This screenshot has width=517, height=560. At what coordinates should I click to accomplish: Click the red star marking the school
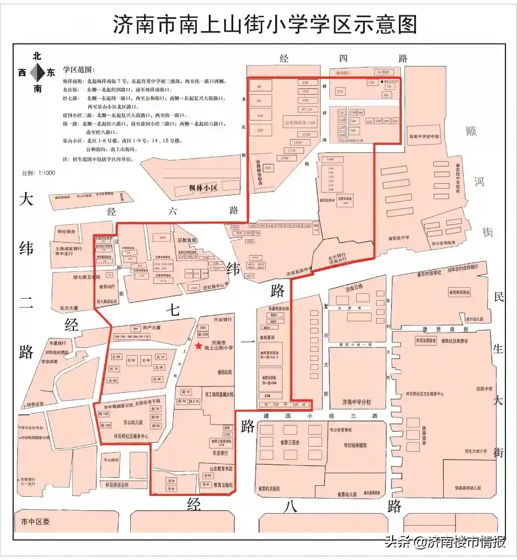199,346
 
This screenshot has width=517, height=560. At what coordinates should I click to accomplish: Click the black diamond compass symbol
37,73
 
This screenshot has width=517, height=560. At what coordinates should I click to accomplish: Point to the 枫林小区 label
203,188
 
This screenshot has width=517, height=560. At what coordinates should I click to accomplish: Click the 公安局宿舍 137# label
300,123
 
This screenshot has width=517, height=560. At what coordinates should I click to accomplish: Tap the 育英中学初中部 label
424,136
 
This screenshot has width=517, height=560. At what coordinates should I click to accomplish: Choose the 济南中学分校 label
357,402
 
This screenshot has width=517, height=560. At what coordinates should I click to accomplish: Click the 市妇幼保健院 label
355,445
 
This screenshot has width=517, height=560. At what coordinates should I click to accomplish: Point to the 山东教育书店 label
221,469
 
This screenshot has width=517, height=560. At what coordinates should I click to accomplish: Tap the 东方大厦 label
69,308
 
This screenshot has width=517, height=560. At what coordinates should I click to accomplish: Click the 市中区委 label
35,522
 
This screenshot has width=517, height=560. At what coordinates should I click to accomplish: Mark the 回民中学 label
484,389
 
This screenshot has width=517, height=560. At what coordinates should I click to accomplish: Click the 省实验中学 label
399,238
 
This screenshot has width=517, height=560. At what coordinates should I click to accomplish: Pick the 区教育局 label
187,240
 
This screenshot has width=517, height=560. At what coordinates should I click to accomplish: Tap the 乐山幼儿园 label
133,423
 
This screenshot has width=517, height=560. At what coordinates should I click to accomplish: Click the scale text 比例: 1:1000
39,173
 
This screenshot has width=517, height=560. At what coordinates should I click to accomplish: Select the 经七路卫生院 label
87,277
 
